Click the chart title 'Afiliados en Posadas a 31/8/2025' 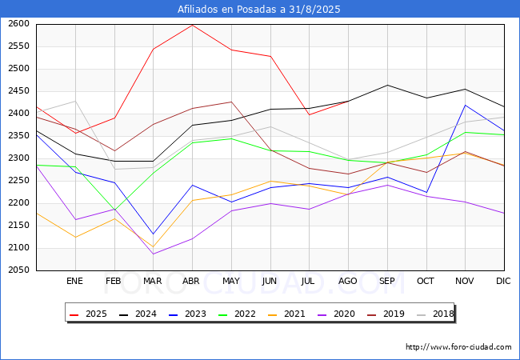(260, 10)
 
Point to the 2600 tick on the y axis (18, 24)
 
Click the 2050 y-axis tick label (18, 270)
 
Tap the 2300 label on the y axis (18, 158)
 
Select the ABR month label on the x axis (191, 281)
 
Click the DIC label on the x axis (503, 281)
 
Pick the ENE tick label (74, 281)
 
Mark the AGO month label (347, 281)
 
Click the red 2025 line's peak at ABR (192, 25)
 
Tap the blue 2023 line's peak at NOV (465, 105)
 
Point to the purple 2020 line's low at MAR (153, 254)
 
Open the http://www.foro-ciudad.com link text (458, 347)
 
